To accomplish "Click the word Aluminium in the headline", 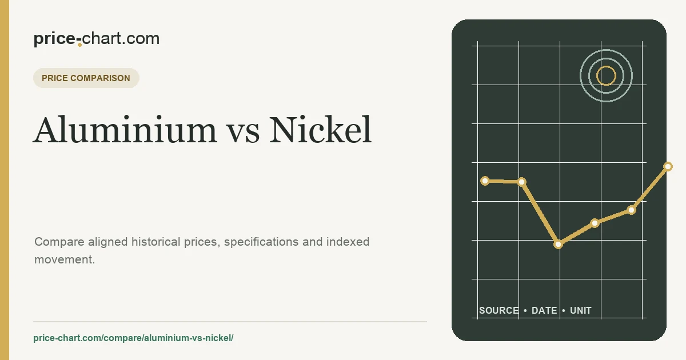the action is (125, 130).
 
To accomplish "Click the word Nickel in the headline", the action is (320, 130).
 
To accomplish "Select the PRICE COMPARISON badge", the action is (86, 78).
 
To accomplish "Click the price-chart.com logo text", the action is (97, 39).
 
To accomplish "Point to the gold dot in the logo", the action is (79, 45).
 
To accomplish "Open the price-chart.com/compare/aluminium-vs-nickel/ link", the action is (133, 338).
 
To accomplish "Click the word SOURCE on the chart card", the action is (499, 310).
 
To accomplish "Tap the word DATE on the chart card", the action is (544, 310).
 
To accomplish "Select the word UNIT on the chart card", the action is (581, 310).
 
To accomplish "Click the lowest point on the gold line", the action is (559, 245).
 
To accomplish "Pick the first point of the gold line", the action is (485, 181).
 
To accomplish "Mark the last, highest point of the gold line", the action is (668, 166).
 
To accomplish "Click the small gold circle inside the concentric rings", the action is (606, 75).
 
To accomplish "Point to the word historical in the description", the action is (156, 242).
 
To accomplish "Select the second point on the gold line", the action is (522, 182).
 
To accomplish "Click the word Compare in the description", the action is (59, 242).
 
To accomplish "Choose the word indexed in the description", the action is (348, 242).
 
